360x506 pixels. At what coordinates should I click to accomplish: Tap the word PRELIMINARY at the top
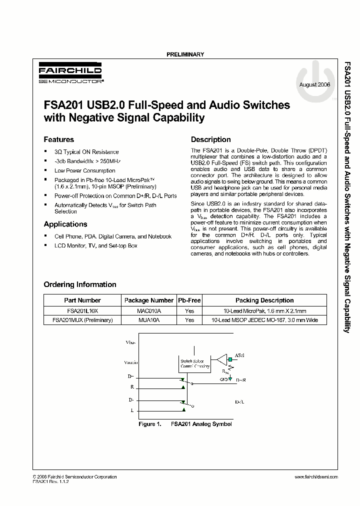[x=184, y=54]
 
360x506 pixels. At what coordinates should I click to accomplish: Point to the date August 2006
[x=314, y=85]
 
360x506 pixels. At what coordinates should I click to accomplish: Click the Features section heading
[x=58, y=139]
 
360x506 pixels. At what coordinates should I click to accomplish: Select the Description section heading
[x=210, y=139]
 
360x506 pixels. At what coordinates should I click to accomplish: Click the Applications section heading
[x=65, y=224]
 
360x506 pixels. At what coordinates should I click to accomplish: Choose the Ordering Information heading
[x=80, y=284]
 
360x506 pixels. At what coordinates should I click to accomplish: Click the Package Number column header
[x=148, y=300]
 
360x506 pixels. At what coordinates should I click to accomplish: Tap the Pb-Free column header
[x=189, y=300]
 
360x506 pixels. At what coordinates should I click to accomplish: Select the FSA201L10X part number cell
[x=82, y=310]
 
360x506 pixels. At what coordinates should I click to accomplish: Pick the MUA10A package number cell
[x=148, y=320]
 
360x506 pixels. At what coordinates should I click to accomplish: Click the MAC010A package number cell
[x=148, y=310]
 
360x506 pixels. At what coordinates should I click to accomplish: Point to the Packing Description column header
[x=264, y=300]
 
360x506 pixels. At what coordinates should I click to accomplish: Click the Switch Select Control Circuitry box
[x=195, y=363]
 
